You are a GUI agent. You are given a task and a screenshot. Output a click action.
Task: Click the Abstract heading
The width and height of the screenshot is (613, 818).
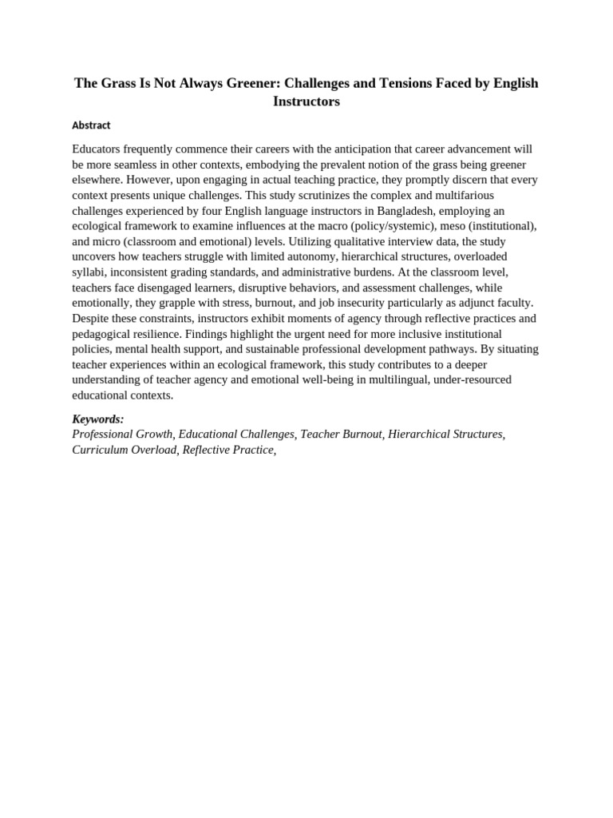91,125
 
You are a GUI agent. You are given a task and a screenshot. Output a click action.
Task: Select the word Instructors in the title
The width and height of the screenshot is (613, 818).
306,101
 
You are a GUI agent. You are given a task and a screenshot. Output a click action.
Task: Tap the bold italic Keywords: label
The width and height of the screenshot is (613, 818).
98,419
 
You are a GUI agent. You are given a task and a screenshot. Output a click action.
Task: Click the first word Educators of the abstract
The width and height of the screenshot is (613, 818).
98,149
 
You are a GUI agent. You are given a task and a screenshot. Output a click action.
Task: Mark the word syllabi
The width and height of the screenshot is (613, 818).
88,272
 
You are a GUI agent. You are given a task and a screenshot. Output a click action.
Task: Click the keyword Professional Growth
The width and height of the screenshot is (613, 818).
122,435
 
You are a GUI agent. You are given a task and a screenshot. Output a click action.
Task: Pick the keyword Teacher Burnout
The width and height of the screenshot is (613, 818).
342,435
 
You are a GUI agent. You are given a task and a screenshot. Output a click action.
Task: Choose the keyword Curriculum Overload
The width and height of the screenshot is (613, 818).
124,450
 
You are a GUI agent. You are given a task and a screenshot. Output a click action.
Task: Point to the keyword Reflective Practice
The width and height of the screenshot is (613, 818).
227,450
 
